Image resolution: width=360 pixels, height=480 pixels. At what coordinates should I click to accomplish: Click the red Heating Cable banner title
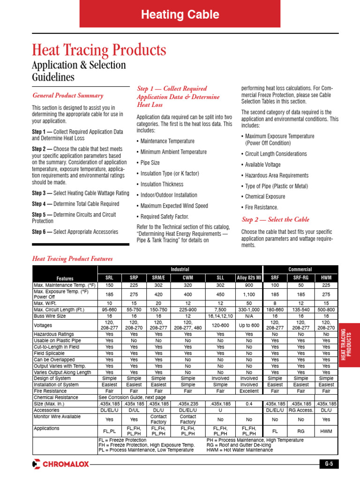pyautogui.click(x=180, y=15)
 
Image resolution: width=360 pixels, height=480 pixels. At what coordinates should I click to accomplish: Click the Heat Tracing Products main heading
pyautogui.click(x=99, y=50)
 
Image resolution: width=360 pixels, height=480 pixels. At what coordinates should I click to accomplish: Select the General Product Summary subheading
pyautogui.click(x=67, y=96)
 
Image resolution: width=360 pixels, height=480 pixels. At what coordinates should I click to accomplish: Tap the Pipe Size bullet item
pyautogui.click(x=150, y=163)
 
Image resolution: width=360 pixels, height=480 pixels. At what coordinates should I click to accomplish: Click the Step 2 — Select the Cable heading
pyautogui.click(x=275, y=219)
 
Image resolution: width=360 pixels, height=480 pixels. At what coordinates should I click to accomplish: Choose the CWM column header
pyautogui.click(x=187, y=278)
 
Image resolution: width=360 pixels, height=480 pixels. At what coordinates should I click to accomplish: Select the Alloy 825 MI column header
pyautogui.click(x=248, y=278)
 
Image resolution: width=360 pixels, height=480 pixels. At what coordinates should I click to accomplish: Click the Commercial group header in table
pyautogui.click(x=300, y=270)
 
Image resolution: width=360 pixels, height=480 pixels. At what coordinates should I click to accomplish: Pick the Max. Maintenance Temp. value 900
pyautogui.click(x=248, y=285)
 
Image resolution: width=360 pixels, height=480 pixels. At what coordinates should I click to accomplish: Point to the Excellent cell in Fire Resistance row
pyautogui.click(x=248, y=390)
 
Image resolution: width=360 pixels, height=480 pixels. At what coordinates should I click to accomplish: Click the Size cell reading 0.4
pyautogui.click(x=248, y=403)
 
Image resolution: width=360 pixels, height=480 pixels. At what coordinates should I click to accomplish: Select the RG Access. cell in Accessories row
pyautogui.click(x=300, y=409)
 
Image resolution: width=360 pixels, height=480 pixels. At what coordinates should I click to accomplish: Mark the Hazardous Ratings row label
pyautogui.click(x=52, y=334)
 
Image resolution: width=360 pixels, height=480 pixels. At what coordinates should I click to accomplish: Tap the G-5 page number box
pyautogui.click(x=329, y=464)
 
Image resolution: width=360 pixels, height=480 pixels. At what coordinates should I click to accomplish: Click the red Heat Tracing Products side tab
pyautogui.click(x=349, y=345)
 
